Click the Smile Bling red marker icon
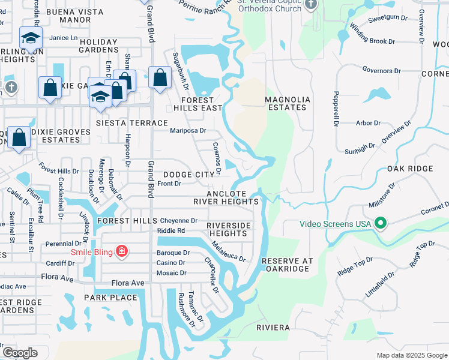pos(121,251)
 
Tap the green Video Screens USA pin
pos(380,224)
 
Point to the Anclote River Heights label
pos(226,198)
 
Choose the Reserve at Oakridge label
pos(288,265)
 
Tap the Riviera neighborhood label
pos(273,328)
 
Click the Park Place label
pos(110,298)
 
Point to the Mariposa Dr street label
pos(188,130)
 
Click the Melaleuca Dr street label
pos(229,251)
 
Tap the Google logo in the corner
pos(20,353)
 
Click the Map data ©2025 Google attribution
pos(411,355)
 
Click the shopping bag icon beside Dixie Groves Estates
pos(19,137)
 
